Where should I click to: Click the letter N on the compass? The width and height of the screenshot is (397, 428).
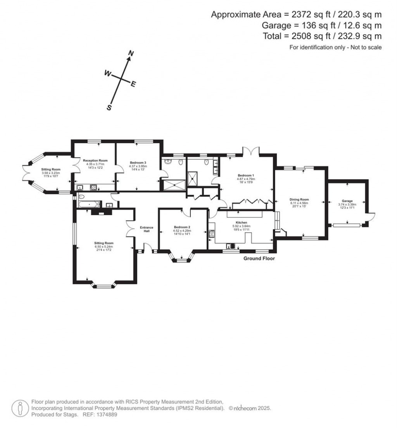click(x=131, y=53)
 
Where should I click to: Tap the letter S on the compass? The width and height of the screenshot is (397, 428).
click(x=109, y=108)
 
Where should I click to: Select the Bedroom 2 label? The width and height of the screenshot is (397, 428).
click(x=181, y=227)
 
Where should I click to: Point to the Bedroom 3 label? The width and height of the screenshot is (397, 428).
click(x=138, y=162)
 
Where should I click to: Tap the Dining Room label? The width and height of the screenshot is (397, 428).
click(x=299, y=200)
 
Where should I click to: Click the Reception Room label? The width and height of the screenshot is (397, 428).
click(x=95, y=160)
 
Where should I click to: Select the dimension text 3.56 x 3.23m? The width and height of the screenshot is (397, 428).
click(x=51, y=173)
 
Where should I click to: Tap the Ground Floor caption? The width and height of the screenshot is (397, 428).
click(x=259, y=259)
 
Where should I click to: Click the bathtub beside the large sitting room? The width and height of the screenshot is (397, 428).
click(x=89, y=204)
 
